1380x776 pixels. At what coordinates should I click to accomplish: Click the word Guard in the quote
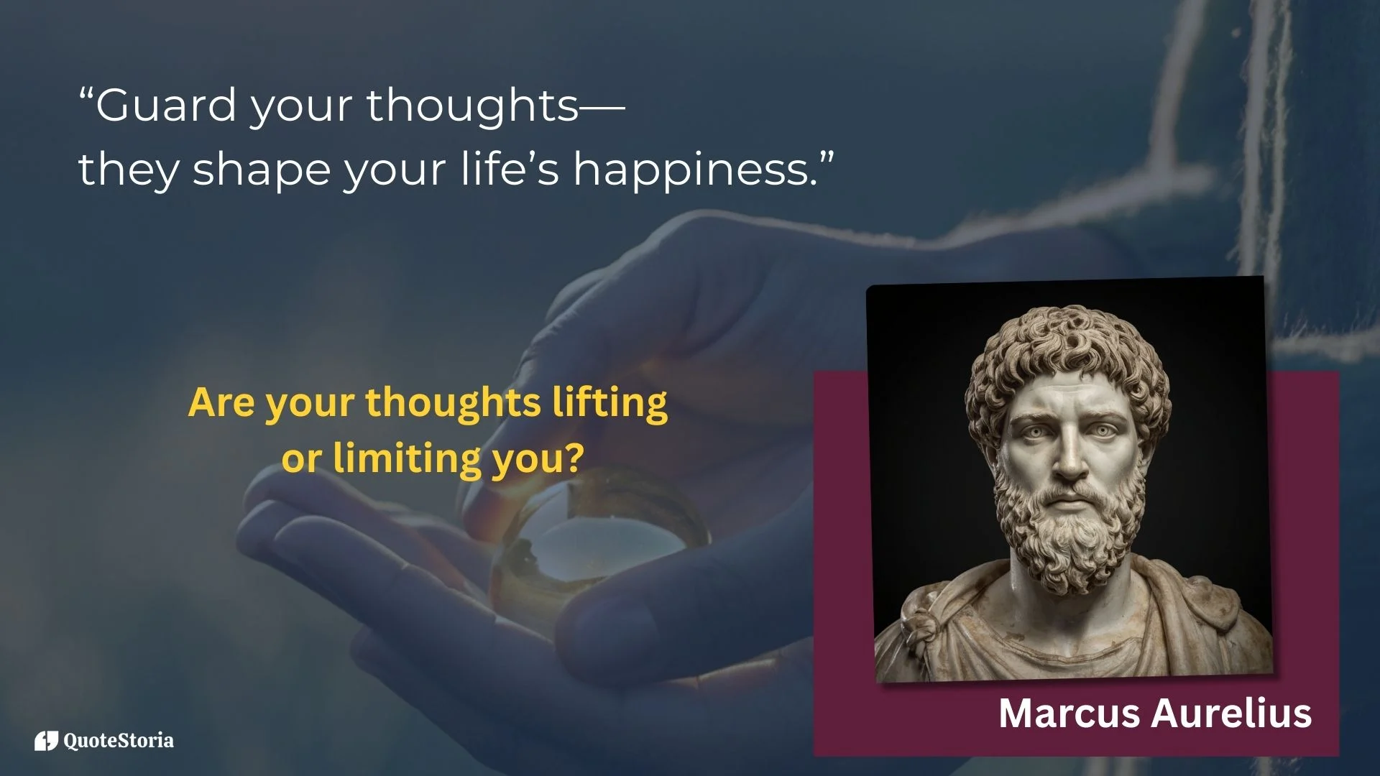tap(166, 105)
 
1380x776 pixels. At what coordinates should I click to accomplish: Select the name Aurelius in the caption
tap(1232, 713)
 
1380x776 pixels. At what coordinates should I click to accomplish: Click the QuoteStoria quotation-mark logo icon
tap(46, 741)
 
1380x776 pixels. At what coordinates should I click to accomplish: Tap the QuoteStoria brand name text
tap(119, 741)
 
